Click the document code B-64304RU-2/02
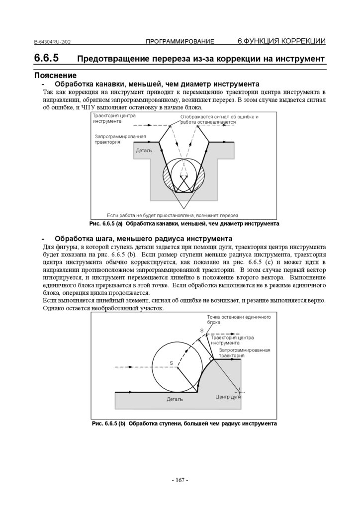pos(55,42)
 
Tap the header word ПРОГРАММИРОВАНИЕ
pos(180,41)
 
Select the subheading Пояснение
pos(55,76)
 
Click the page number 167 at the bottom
pos(180,480)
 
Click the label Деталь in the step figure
pos(175,399)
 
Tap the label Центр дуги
pos(228,397)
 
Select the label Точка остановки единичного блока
pos(235,319)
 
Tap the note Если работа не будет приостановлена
pos(173,215)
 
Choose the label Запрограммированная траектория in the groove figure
pos(120,139)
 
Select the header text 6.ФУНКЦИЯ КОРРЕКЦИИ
pos(281,41)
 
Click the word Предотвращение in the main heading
pos(109,59)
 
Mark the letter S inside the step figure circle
pos(171,363)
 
